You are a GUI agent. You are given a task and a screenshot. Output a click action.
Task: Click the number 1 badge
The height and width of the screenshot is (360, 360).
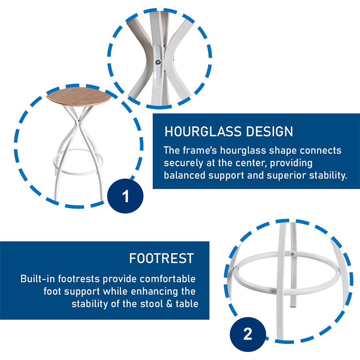coord(125,196)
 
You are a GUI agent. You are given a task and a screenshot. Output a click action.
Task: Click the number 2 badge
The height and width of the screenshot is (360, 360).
coord(248,334)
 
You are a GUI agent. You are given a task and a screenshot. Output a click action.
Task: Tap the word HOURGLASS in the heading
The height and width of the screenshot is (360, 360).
coord(203,132)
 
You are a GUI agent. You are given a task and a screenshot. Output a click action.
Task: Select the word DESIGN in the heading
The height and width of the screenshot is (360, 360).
coord(270,132)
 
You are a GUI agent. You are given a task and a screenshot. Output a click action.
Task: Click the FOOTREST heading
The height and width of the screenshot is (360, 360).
coord(162,258)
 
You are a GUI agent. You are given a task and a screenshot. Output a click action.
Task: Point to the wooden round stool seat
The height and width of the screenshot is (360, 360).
coord(79,96)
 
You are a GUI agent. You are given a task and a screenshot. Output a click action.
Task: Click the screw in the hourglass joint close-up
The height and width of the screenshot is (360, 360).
coord(158,62)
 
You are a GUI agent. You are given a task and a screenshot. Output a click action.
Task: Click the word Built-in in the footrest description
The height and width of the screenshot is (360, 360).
coord(38,279)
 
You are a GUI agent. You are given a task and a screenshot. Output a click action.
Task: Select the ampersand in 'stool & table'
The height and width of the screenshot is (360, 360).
coord(169,304)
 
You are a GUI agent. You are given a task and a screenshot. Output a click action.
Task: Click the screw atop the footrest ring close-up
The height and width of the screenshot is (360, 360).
coord(292,254)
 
